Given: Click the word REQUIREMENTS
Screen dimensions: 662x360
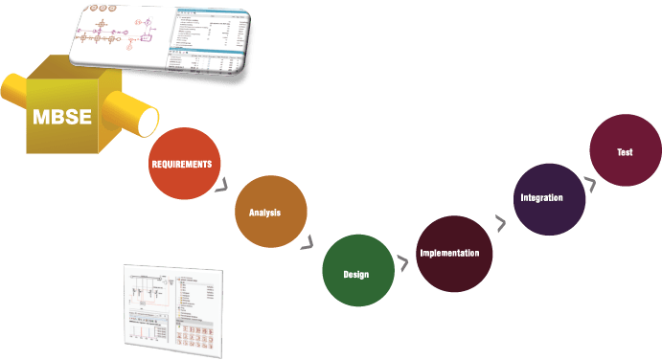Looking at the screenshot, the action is [181, 165].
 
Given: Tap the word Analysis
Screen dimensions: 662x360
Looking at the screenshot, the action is [264, 213].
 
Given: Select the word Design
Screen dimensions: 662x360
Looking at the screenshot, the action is [356, 275].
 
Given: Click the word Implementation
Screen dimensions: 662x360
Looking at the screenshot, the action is [456, 254].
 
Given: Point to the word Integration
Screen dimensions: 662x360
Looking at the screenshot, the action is [541, 197].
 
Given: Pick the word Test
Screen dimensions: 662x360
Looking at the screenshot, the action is [625, 152].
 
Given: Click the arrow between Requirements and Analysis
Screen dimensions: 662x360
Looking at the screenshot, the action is [224, 185].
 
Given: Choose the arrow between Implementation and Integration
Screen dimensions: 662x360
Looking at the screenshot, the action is [500, 224].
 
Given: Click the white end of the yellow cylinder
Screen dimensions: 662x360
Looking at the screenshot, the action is [148, 122].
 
